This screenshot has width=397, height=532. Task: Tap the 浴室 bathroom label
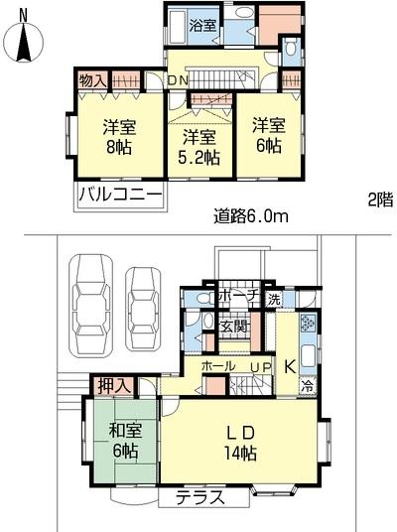[x=202, y=26]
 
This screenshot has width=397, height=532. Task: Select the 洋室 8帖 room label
[x=120, y=138]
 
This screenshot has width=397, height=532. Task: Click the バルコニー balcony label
[x=119, y=195]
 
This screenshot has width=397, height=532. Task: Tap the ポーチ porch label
[x=239, y=296]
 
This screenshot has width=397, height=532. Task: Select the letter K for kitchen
[x=289, y=365]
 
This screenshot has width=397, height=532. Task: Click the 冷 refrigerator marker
[x=307, y=387]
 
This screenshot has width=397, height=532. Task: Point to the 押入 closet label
[x=109, y=384]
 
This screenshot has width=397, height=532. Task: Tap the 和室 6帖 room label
[x=125, y=440]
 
